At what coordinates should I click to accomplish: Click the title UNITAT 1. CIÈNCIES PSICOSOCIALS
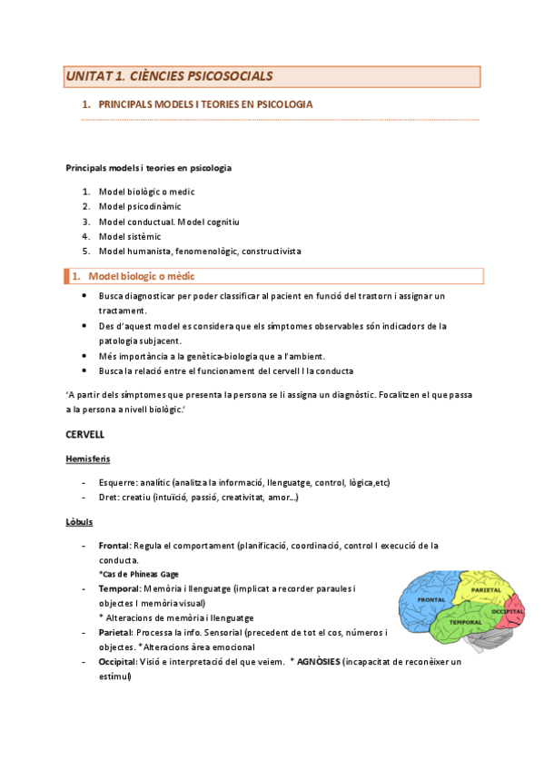[168, 76]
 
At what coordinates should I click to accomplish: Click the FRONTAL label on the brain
[430, 600]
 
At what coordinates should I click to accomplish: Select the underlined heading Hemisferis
[88, 459]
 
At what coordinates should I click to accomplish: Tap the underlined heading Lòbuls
[79, 522]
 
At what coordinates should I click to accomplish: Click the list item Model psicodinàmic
[140, 206]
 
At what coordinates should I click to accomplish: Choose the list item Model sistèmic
[130, 236]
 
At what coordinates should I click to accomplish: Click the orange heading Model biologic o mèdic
[141, 276]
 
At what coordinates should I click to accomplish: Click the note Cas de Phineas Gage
[138, 574]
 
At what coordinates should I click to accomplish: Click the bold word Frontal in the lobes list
[114, 546]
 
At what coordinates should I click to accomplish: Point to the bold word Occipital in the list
[117, 662]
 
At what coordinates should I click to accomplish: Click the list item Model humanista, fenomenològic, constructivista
[200, 251]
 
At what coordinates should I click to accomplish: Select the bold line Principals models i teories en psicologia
[149, 167]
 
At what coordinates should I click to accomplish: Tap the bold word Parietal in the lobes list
[114, 632]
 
